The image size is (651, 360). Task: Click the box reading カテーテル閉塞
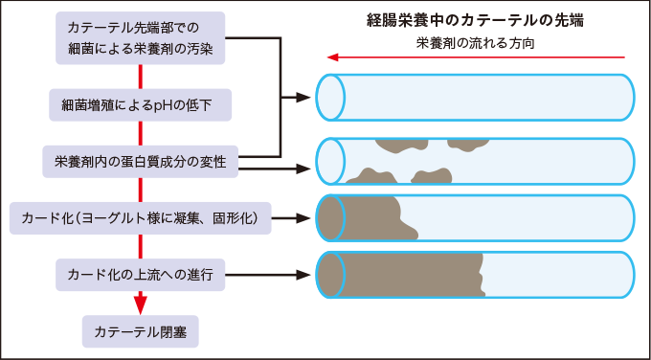point(140,330)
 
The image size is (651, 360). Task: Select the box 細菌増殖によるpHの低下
point(140,103)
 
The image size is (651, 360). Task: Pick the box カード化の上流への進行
point(140,275)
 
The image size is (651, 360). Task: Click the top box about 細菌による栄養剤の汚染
point(140,37)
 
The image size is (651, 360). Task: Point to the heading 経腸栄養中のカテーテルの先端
point(475,20)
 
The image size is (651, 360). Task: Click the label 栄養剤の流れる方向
point(475,43)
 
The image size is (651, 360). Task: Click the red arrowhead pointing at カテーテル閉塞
point(140,305)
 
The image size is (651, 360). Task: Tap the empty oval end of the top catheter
point(330,97)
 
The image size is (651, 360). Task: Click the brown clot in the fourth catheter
point(402,276)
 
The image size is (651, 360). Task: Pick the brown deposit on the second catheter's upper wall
point(402,146)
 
